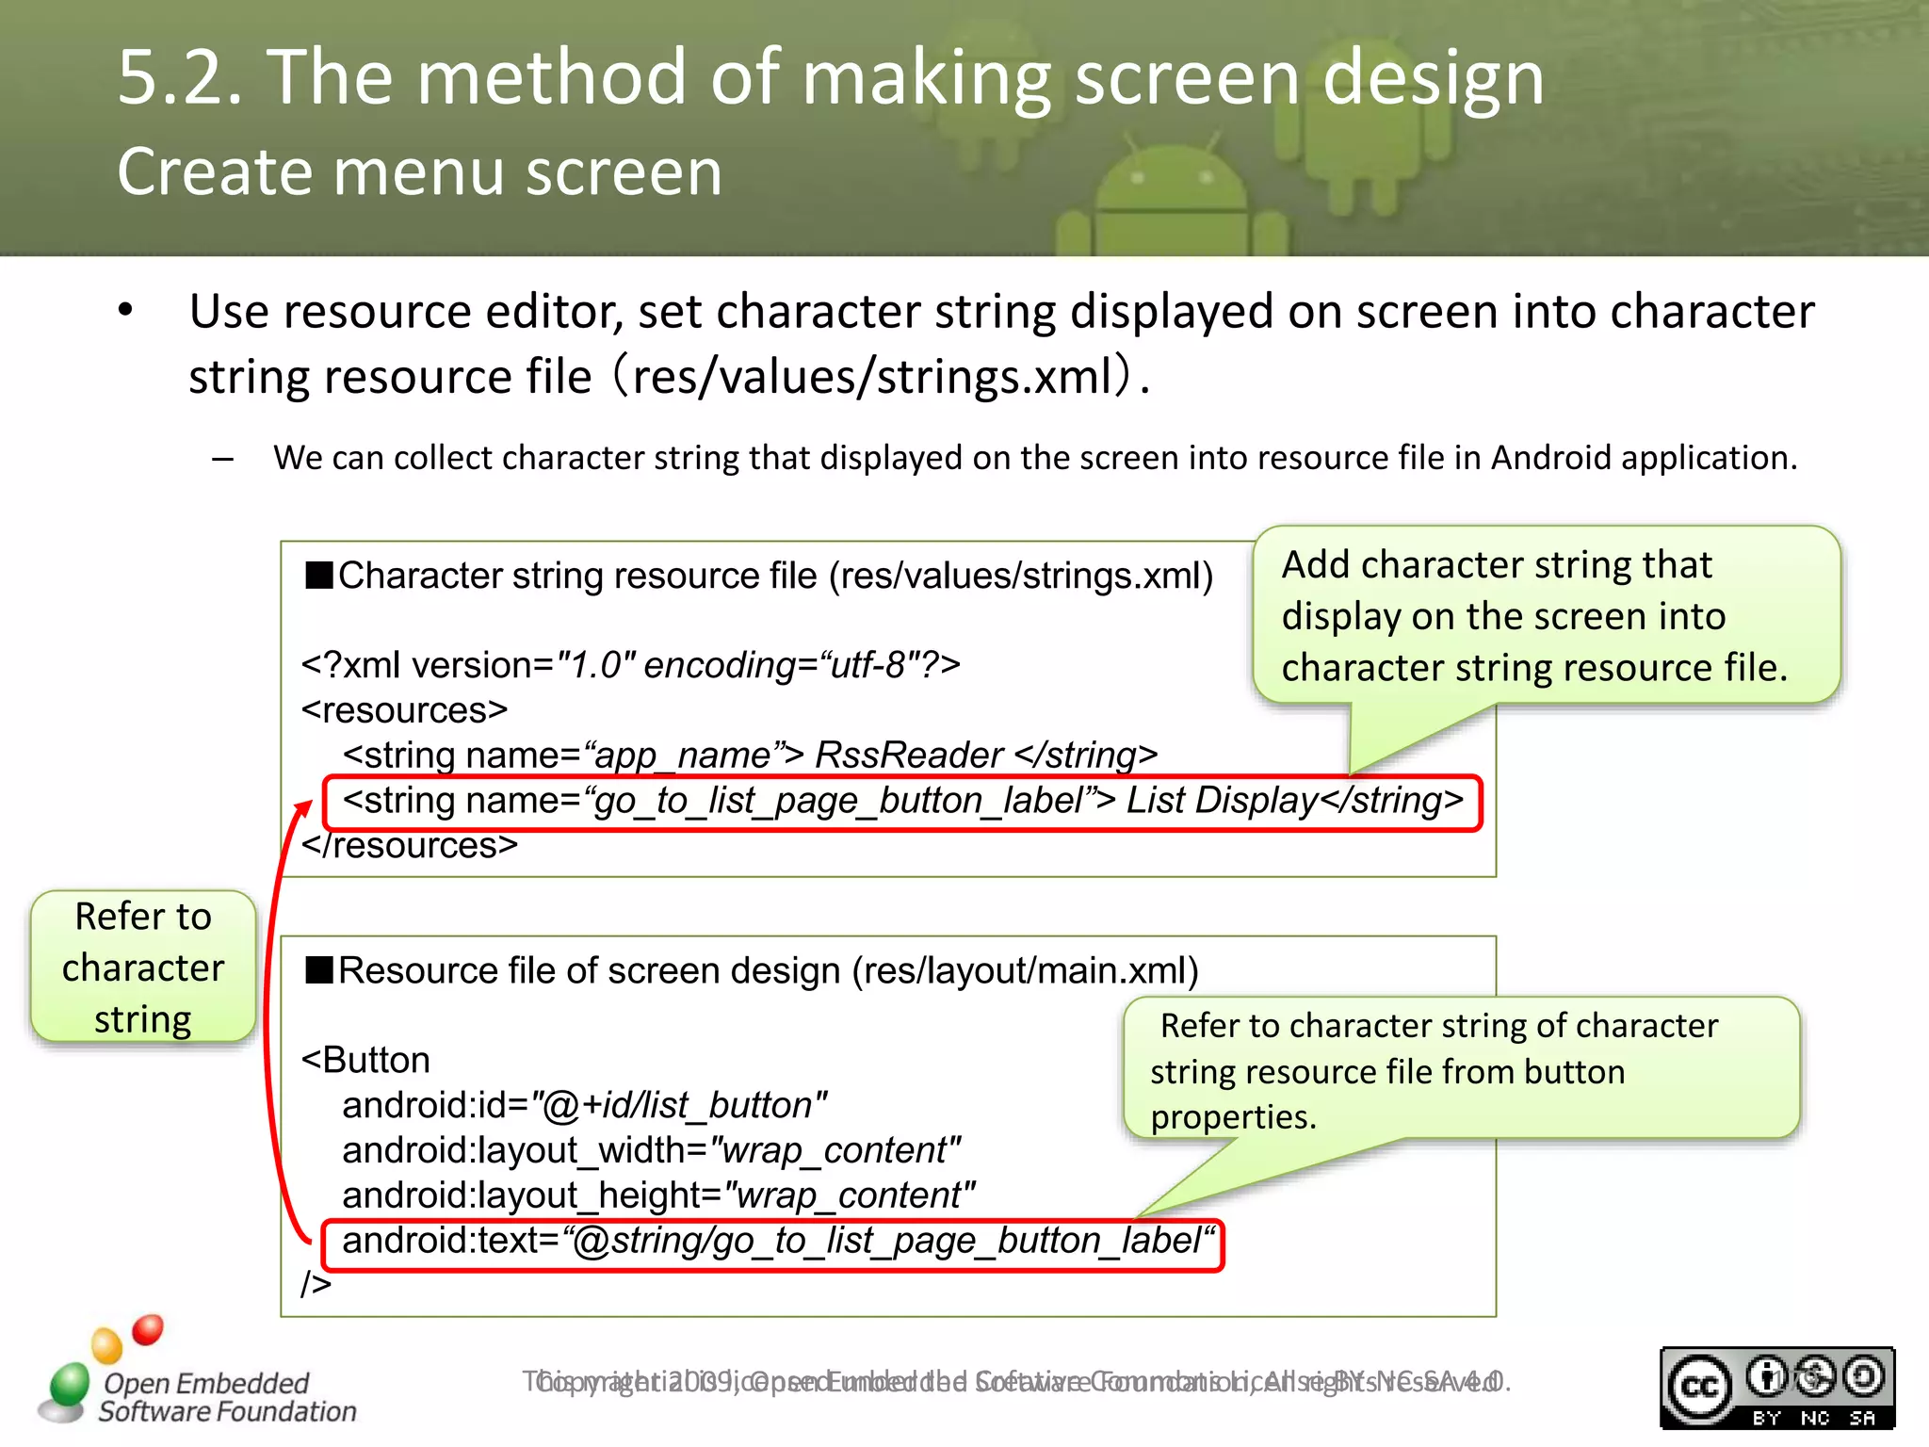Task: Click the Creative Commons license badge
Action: click(x=1776, y=1388)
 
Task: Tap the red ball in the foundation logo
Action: click(x=148, y=1329)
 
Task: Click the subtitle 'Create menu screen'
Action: click(x=419, y=172)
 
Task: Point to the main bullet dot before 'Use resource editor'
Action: click(x=126, y=311)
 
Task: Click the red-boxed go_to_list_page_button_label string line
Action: click(x=901, y=802)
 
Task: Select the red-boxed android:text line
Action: click(x=771, y=1243)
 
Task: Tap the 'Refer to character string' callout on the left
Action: click(x=143, y=967)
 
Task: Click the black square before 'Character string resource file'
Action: click(x=319, y=575)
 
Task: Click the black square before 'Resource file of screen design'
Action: click(x=319, y=969)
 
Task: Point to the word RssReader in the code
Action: click(x=908, y=756)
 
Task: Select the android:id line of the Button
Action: click(x=584, y=1105)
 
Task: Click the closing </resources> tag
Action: click(x=410, y=846)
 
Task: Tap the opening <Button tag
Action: click(x=365, y=1060)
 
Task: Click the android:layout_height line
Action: click(x=657, y=1195)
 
